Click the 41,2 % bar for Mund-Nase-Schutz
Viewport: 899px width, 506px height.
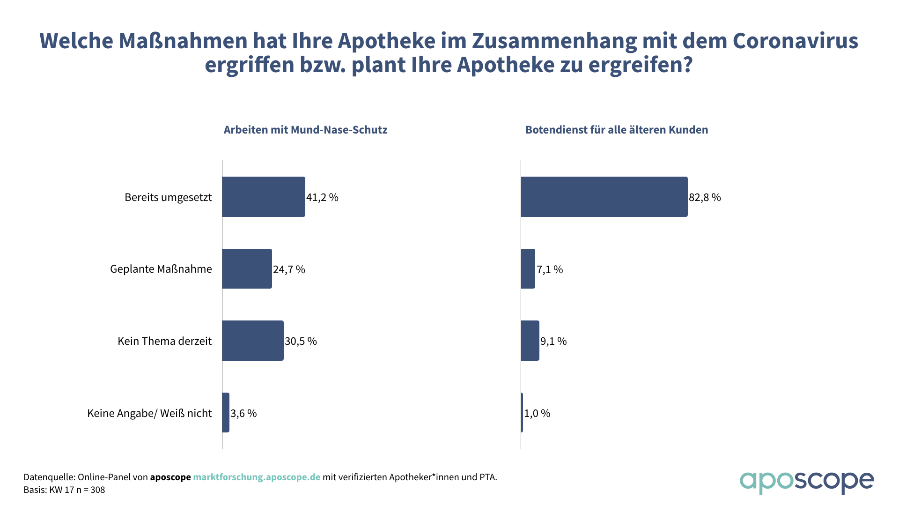tap(264, 197)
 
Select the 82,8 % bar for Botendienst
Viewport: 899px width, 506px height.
tap(604, 197)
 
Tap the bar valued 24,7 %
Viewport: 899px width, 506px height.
tap(247, 268)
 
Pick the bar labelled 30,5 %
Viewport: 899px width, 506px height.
tap(253, 341)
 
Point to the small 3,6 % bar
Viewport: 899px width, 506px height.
tap(226, 413)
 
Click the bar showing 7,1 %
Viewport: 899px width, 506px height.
tap(528, 268)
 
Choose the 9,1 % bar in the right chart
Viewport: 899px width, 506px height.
tap(530, 341)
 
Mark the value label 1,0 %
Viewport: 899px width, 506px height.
tap(537, 413)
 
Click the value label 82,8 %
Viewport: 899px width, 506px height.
tap(705, 197)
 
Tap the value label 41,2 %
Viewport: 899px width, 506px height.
tap(322, 197)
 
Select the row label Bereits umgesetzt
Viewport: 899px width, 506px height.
tap(168, 197)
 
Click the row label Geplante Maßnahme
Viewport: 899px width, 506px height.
tap(161, 269)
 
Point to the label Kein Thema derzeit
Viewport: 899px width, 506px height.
tap(164, 341)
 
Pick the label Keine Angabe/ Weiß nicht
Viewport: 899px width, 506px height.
tap(149, 413)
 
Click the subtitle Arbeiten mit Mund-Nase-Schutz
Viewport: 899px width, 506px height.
tap(305, 130)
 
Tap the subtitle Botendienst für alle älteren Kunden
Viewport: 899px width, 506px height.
tap(617, 130)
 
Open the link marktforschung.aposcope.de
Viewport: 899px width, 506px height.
tap(257, 477)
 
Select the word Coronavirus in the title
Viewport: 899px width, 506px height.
tap(795, 41)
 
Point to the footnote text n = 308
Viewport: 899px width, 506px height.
tap(91, 490)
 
